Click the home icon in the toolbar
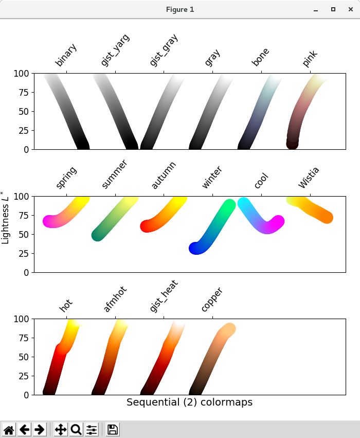9,430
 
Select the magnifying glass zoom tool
76,430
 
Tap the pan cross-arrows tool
61,430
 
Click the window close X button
351,9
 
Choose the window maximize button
333,9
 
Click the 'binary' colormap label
66,55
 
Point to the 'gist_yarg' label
115,50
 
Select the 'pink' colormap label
310,59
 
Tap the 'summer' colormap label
114,174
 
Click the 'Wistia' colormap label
309,178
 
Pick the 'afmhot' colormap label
115,299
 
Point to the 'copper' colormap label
212,299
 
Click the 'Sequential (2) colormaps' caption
189,402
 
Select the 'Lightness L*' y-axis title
5,218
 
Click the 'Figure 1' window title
180,9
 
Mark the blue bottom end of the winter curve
195,248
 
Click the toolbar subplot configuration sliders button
92,430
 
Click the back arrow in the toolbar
25,430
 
